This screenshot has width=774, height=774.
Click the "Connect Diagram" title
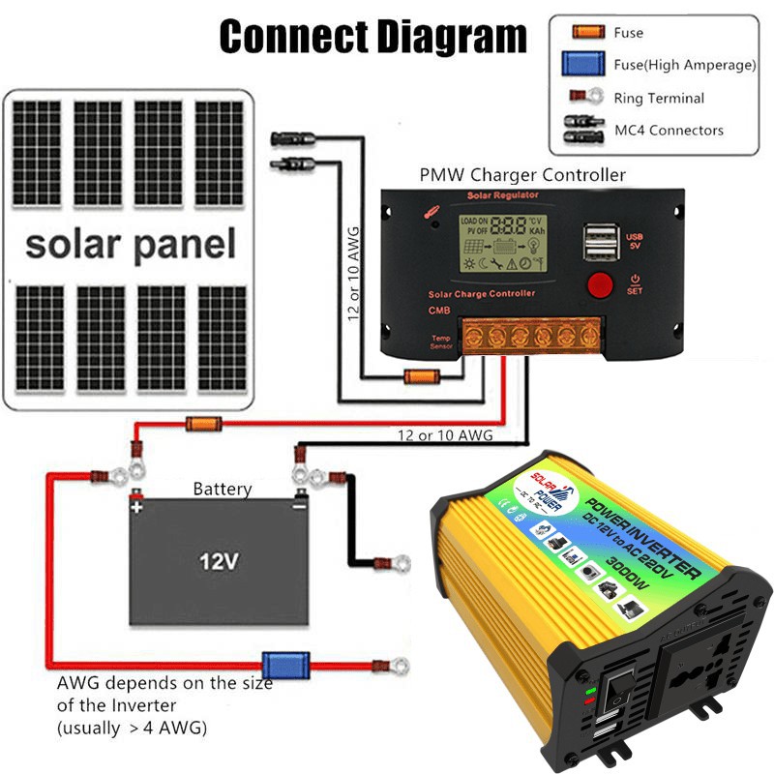[x=372, y=37]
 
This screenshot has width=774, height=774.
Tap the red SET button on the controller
[x=601, y=285]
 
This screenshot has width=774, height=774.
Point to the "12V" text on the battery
[x=219, y=561]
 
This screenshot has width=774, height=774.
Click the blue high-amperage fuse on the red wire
[x=287, y=666]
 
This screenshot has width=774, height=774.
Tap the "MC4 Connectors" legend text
[x=669, y=130]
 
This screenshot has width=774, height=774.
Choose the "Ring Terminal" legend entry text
[x=659, y=98]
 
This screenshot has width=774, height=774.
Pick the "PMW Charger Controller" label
[x=521, y=175]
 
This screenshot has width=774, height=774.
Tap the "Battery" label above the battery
[x=222, y=490]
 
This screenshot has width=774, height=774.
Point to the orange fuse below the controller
[x=421, y=376]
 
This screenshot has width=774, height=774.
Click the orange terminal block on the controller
[x=532, y=337]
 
